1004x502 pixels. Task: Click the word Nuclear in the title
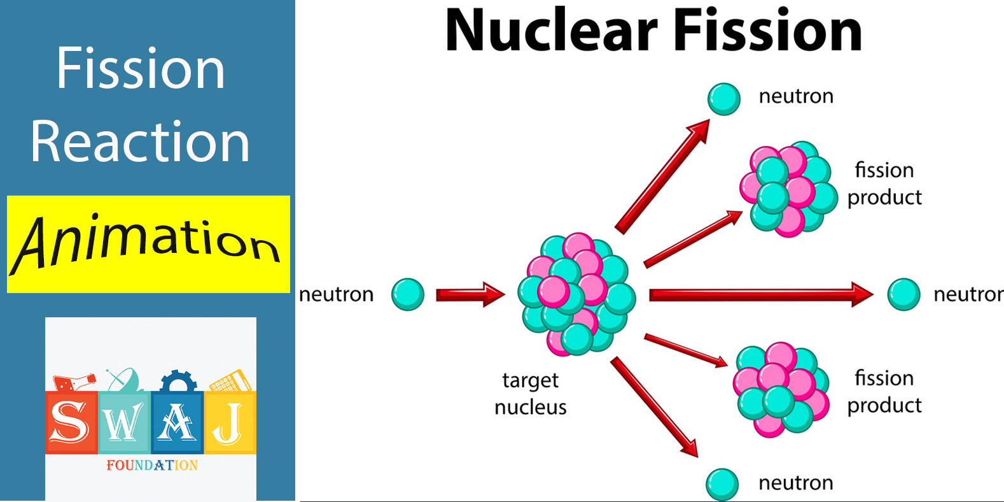point(551,31)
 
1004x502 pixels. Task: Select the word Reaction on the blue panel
point(140,142)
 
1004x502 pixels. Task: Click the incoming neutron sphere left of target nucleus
point(408,294)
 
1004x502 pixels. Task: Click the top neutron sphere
point(724,99)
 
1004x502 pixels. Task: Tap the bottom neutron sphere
point(722,485)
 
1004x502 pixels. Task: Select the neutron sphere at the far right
point(904,294)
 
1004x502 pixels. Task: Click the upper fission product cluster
point(788,189)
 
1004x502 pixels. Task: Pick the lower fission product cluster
point(781,389)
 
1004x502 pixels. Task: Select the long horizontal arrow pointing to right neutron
point(761,295)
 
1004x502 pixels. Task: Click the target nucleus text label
point(531,394)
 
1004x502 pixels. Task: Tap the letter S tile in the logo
point(71,422)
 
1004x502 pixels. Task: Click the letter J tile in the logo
point(230,422)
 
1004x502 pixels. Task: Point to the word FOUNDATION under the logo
point(152,465)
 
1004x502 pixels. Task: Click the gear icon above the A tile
point(178,382)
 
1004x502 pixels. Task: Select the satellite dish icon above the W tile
point(124,380)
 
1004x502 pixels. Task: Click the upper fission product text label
point(884,184)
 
